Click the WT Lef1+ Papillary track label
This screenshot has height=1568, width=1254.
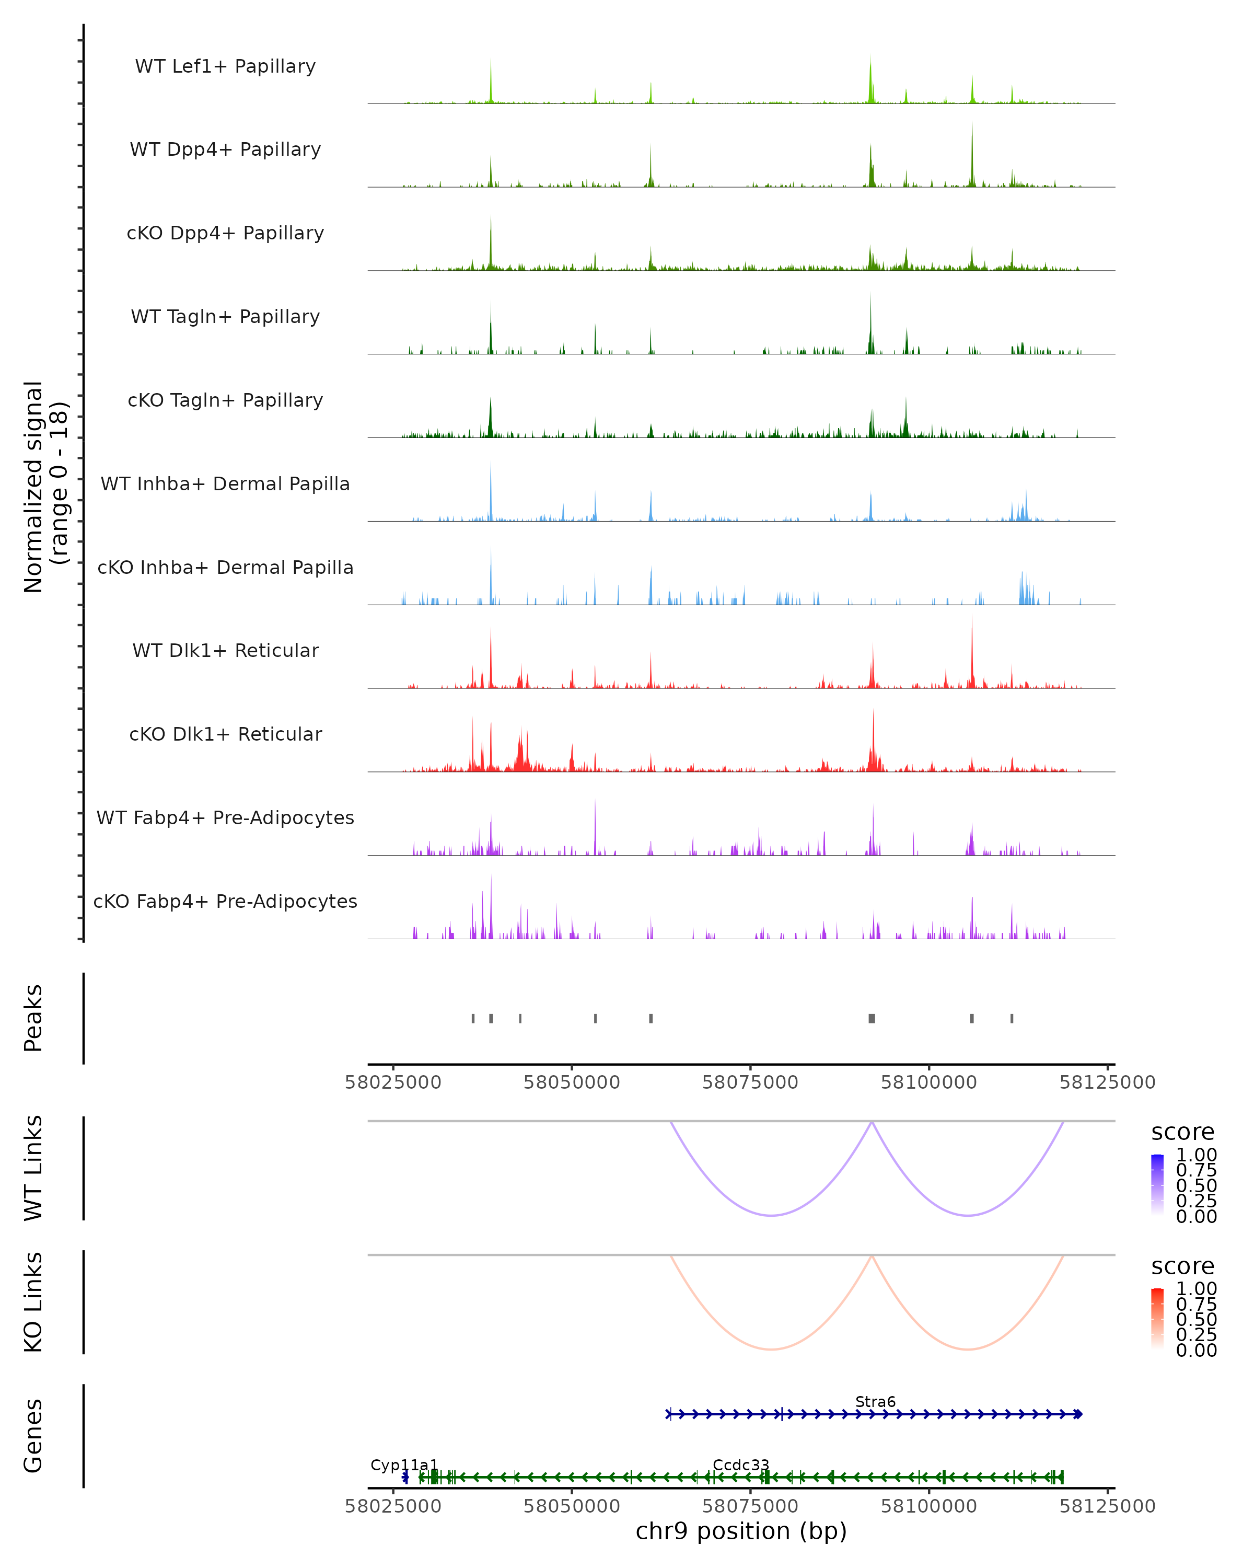[x=225, y=66]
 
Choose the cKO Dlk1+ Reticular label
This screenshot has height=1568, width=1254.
[x=225, y=734]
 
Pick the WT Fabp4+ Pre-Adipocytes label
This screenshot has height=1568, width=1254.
[x=225, y=817]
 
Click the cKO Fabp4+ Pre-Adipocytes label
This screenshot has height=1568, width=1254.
[x=225, y=901]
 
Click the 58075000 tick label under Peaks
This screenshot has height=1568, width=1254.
[x=750, y=1082]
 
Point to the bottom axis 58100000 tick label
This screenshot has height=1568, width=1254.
[x=928, y=1506]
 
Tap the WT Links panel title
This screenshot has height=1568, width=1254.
[x=33, y=1168]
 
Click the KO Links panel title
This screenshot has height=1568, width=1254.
[x=33, y=1302]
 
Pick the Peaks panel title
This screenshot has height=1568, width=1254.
[x=33, y=1018]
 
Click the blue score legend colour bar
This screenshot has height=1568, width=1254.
[x=1157, y=1185]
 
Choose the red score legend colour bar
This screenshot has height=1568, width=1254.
[x=1157, y=1319]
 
